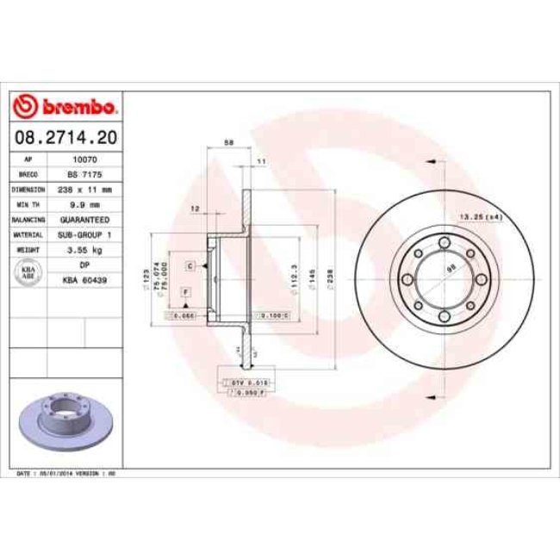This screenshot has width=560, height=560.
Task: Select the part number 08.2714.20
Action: [65, 137]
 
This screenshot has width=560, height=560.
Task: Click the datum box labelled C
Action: [189, 266]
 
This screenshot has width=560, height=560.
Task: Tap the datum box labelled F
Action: [184, 294]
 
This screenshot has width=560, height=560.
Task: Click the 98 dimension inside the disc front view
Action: [450, 269]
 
